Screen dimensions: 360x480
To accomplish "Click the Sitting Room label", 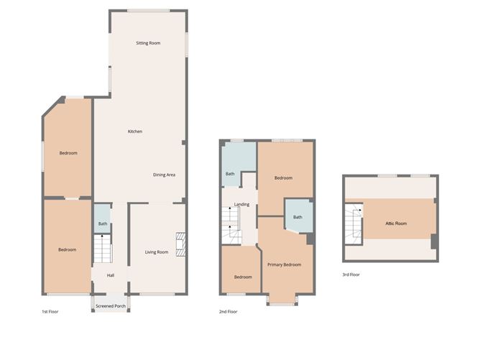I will pyautogui.click(x=148, y=43).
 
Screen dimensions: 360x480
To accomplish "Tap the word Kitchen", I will pyautogui.click(x=134, y=131).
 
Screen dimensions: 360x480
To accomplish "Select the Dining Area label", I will pyautogui.click(x=165, y=175).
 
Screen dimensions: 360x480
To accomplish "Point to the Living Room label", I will pyautogui.click(x=157, y=251).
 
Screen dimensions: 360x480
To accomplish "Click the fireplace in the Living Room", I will pyautogui.click(x=181, y=244).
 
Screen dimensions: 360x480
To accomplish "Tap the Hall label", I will pyautogui.click(x=111, y=275).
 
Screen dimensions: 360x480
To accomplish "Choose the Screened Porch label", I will pyautogui.click(x=111, y=306).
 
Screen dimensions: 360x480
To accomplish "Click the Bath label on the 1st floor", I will pyautogui.click(x=103, y=224).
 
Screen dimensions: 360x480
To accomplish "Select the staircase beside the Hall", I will pyautogui.click(x=103, y=251).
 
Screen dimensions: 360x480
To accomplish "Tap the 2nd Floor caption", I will pyautogui.click(x=229, y=312).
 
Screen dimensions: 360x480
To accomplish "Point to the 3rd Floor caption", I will pyautogui.click(x=351, y=274).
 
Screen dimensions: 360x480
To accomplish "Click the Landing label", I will pyautogui.click(x=242, y=204).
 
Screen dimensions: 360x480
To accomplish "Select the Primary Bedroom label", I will pyautogui.click(x=284, y=264).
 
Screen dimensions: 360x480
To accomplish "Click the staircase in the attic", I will pyautogui.click(x=353, y=223).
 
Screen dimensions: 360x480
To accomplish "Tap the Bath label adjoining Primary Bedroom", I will pyautogui.click(x=297, y=217).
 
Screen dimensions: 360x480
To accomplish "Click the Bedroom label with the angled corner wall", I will pyautogui.click(x=68, y=152).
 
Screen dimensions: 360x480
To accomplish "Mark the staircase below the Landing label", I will pyautogui.click(x=235, y=231).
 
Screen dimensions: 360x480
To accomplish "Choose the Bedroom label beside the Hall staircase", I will pyautogui.click(x=67, y=249).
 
